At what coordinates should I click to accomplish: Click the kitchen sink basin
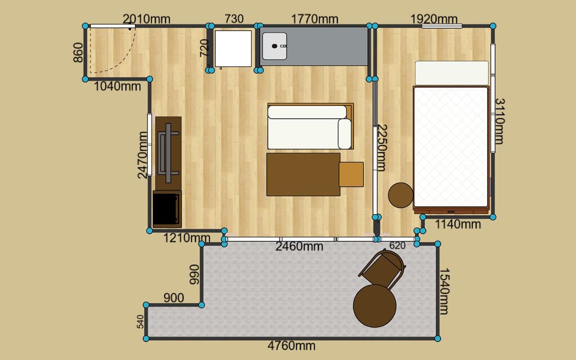click(x=274, y=46)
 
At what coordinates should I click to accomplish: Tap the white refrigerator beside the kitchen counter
click(x=233, y=49)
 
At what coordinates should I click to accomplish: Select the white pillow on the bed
click(x=452, y=73)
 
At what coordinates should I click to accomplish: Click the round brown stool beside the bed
click(x=401, y=195)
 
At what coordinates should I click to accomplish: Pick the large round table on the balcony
click(x=375, y=306)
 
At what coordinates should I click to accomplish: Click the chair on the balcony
click(x=383, y=268)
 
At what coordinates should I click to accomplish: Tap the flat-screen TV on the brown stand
click(x=168, y=153)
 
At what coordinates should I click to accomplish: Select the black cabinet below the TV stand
click(x=167, y=209)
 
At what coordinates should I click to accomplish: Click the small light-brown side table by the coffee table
click(x=351, y=174)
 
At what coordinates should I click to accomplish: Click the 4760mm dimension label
click(x=291, y=346)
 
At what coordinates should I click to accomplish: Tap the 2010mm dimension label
click(x=146, y=19)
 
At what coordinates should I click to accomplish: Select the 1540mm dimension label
click(x=444, y=291)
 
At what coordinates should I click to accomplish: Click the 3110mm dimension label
click(x=499, y=121)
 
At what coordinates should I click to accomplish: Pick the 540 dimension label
click(x=140, y=322)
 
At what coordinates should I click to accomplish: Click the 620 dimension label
click(x=397, y=246)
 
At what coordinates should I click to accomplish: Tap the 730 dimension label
click(x=234, y=19)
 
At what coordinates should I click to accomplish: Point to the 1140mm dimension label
click(x=458, y=224)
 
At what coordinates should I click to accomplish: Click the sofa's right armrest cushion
click(x=345, y=134)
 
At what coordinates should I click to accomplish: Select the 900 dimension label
click(x=174, y=298)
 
